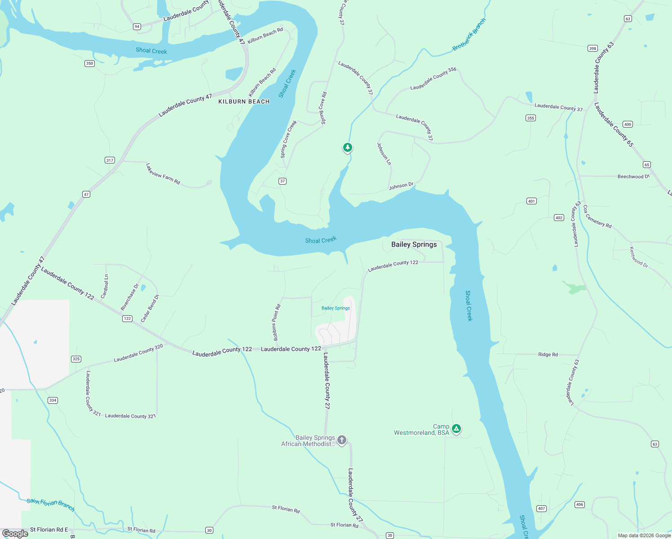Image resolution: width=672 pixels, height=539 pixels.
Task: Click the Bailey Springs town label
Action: coord(414,244)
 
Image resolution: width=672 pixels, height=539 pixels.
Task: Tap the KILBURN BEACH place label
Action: coord(244,102)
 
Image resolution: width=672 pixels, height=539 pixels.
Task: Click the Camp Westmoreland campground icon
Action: coord(456,429)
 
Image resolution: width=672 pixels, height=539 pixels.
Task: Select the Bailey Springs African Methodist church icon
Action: coord(342,440)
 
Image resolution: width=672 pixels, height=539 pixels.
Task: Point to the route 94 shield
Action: coord(137,27)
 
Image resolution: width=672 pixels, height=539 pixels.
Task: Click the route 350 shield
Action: coord(90,63)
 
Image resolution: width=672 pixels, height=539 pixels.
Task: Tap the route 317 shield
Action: coord(110,160)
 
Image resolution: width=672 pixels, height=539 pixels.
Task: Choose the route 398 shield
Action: coord(592,49)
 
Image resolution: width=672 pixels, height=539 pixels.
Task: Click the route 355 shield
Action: coord(531,118)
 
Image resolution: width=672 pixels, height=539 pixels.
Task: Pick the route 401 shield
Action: coord(531,201)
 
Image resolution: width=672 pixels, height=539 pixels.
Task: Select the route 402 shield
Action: coord(559,217)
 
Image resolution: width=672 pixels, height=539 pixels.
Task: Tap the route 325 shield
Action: coord(76,359)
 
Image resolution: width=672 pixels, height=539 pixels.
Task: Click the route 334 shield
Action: coord(53,400)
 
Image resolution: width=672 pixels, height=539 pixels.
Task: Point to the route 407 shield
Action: coord(541,508)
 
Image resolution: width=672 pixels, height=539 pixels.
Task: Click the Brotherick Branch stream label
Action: coord(469,35)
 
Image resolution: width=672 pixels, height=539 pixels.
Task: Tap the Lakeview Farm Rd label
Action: coord(163,174)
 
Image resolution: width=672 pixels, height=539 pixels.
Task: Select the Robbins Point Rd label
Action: coord(276,322)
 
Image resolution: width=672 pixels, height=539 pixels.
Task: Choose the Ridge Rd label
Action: coord(548,354)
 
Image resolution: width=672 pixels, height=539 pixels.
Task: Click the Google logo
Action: coord(15,533)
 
